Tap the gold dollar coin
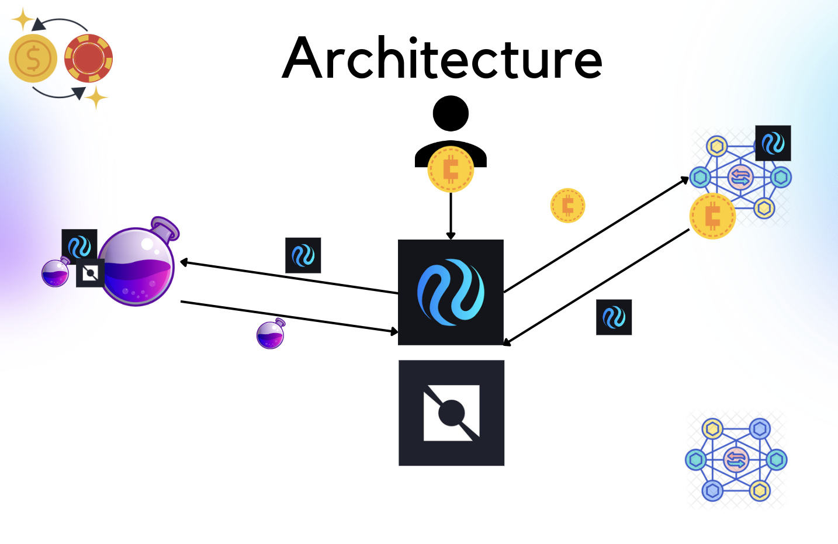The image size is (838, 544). pos(33,58)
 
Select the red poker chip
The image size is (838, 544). pos(88,58)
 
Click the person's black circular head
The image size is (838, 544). pos(451,113)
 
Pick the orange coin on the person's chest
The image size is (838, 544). pos(451,169)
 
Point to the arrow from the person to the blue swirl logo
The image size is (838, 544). pos(451,216)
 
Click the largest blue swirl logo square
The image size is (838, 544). pos(451,292)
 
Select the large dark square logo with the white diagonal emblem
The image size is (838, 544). pos(451,413)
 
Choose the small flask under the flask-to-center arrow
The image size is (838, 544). pos(271,334)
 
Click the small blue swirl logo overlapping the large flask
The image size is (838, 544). pos(79,247)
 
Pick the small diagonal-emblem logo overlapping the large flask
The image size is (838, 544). pos(90,273)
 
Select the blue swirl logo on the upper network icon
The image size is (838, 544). pos(773,143)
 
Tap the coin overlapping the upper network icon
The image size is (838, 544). pos(712,216)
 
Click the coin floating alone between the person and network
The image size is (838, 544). pos(567,206)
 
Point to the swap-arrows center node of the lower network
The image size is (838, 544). pos(736,459)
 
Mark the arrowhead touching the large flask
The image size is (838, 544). pos(183,262)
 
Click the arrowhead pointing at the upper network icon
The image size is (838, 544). pos(685,181)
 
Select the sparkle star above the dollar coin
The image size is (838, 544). pos(23,19)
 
